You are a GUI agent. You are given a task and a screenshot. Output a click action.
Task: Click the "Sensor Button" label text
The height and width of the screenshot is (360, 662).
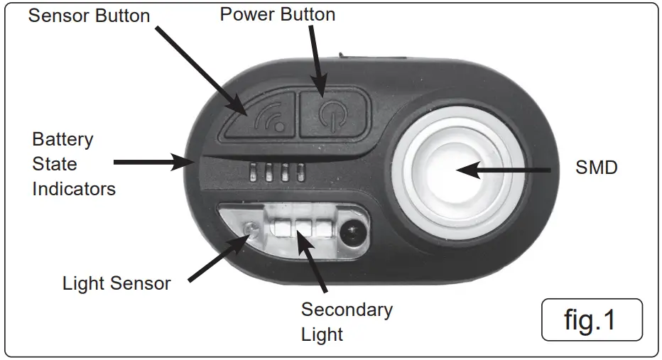89,16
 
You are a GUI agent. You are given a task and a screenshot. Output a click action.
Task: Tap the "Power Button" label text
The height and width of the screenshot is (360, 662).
278,14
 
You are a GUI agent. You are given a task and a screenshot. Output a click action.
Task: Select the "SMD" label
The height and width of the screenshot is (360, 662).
597,168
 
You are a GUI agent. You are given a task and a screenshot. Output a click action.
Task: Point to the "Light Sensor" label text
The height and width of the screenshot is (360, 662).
116,283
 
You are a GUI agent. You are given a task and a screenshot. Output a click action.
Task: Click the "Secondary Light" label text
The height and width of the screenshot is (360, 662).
346,322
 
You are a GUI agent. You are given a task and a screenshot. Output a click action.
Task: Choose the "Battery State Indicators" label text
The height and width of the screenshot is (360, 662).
73,164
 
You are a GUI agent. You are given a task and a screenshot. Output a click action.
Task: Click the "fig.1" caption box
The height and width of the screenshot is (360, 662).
591,320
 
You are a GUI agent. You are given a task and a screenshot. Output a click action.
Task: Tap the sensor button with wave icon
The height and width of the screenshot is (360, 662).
259,115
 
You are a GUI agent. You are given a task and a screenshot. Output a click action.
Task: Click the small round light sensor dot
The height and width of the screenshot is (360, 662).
250,229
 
